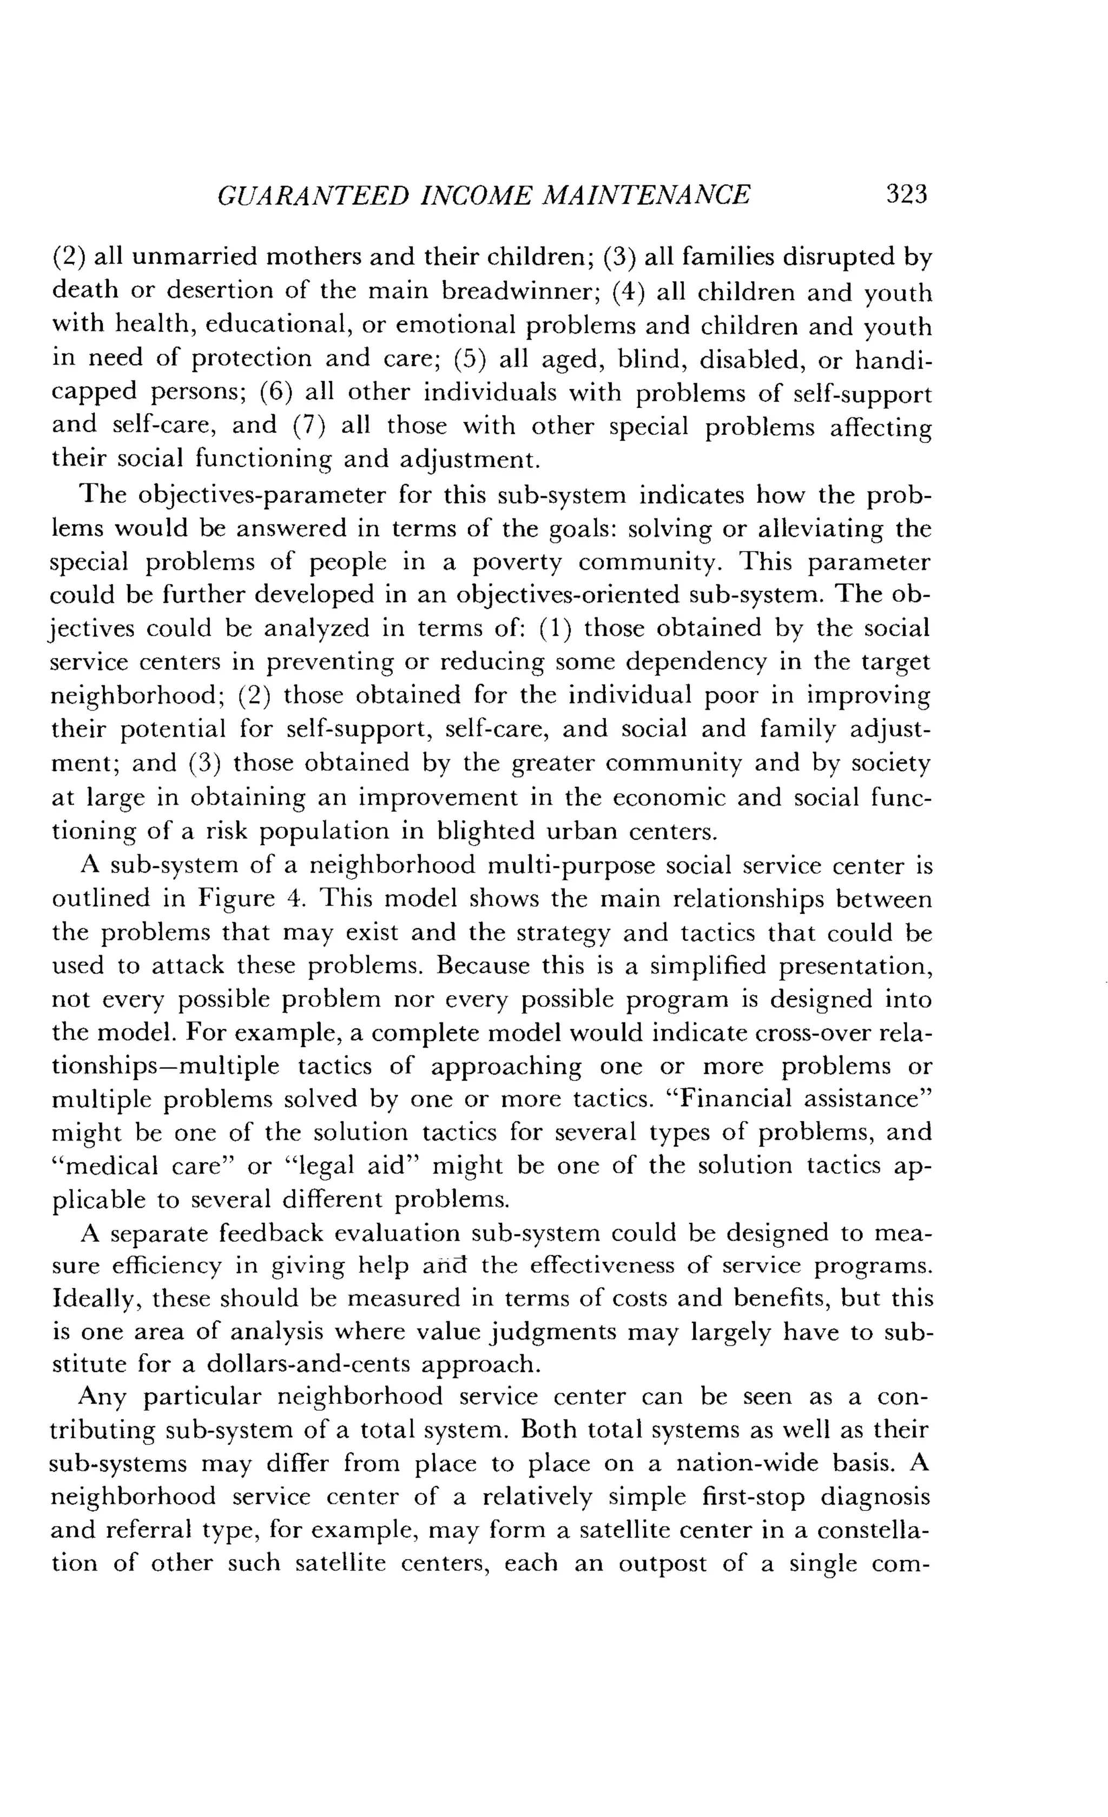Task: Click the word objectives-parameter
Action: point(262,495)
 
